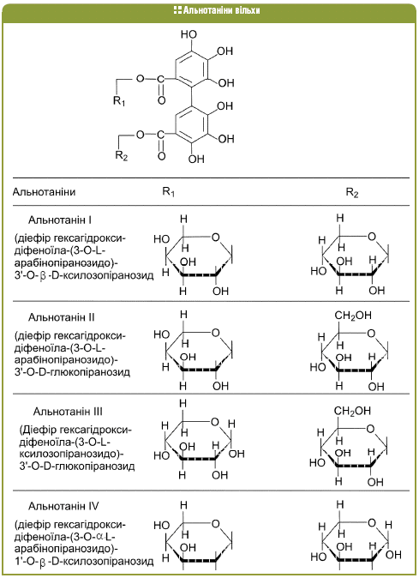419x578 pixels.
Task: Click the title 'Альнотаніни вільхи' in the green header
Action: (x=221, y=10)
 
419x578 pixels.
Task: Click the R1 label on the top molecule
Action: (x=119, y=100)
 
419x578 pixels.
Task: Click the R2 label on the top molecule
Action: (x=121, y=155)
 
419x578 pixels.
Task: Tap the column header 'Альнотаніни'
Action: (x=45, y=192)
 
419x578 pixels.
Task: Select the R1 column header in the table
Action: (x=168, y=192)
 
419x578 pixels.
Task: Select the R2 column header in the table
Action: (x=352, y=192)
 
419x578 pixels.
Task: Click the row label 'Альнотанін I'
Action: (x=60, y=220)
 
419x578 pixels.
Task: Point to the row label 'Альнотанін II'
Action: (x=62, y=317)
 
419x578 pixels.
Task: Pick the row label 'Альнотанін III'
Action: (x=68, y=412)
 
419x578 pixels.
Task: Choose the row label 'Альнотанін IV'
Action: (x=63, y=506)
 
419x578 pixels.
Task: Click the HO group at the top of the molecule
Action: (x=189, y=34)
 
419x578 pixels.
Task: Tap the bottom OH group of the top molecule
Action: (x=196, y=160)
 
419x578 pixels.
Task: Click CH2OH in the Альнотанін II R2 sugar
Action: (x=353, y=316)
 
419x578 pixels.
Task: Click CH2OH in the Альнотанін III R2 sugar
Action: (x=352, y=412)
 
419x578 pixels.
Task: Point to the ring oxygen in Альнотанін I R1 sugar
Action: (x=216, y=237)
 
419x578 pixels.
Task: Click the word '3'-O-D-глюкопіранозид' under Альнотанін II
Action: (x=73, y=371)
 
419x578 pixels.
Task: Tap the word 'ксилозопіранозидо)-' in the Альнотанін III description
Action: (x=71, y=454)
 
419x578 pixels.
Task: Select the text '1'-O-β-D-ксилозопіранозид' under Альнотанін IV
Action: (x=84, y=562)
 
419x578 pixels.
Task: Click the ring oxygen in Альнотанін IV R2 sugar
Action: (x=372, y=522)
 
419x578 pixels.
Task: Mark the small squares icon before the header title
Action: (x=177, y=10)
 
